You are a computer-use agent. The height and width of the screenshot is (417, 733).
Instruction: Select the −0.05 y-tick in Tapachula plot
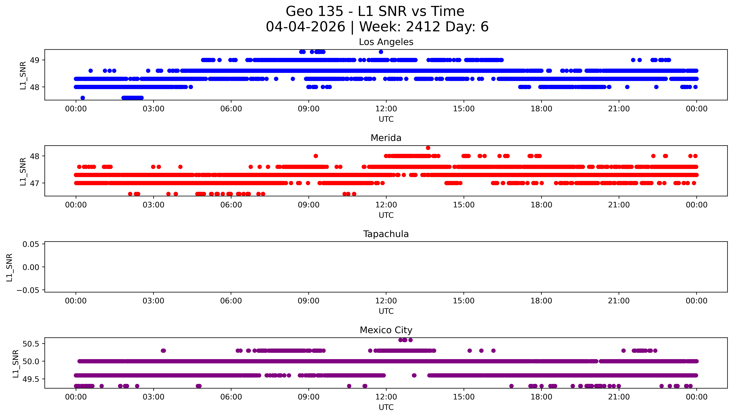point(28,290)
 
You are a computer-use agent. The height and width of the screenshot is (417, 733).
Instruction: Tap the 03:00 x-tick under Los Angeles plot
point(153,109)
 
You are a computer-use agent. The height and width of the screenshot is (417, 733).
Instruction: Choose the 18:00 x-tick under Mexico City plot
point(541,397)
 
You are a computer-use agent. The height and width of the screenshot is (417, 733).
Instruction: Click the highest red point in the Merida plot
point(428,148)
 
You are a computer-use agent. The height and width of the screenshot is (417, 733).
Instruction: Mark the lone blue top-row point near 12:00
point(381,52)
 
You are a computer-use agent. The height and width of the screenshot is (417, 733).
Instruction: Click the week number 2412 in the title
point(423,27)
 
